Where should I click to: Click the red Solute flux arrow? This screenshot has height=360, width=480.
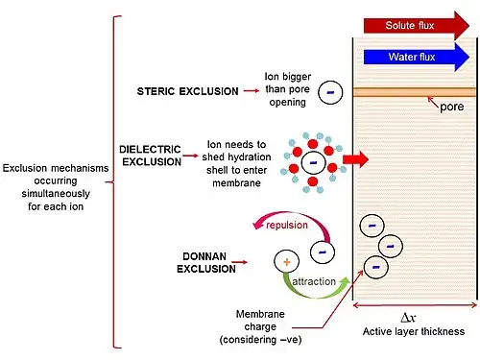[416, 26]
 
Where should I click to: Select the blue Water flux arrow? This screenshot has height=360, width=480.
[416, 57]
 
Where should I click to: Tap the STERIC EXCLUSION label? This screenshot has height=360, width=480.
[187, 91]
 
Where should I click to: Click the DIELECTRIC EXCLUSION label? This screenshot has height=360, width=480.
[151, 156]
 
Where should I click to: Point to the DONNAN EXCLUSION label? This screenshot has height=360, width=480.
[206, 262]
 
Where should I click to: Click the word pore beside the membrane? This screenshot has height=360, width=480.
[452, 107]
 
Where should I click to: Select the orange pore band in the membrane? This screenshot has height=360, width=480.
[415, 92]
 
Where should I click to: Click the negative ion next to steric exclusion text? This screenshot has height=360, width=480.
[330, 92]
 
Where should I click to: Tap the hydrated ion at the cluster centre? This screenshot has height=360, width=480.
[313, 163]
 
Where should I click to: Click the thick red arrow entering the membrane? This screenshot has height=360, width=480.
[355, 159]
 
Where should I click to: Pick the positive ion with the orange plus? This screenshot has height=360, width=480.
[286, 262]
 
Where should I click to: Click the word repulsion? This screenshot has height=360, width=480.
[287, 226]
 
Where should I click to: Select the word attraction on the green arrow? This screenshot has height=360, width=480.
[314, 281]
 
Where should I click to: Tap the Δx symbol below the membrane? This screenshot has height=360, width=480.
[408, 318]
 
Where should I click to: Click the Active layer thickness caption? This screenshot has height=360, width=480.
[414, 331]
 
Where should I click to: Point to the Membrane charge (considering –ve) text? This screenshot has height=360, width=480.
[260, 326]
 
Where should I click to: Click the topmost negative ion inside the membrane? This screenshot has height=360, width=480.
[372, 226]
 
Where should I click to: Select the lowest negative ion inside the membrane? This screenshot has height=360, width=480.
[376, 267]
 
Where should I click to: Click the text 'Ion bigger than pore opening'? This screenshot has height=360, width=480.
[288, 89]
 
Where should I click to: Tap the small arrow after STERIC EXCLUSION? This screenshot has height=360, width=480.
[252, 91]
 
